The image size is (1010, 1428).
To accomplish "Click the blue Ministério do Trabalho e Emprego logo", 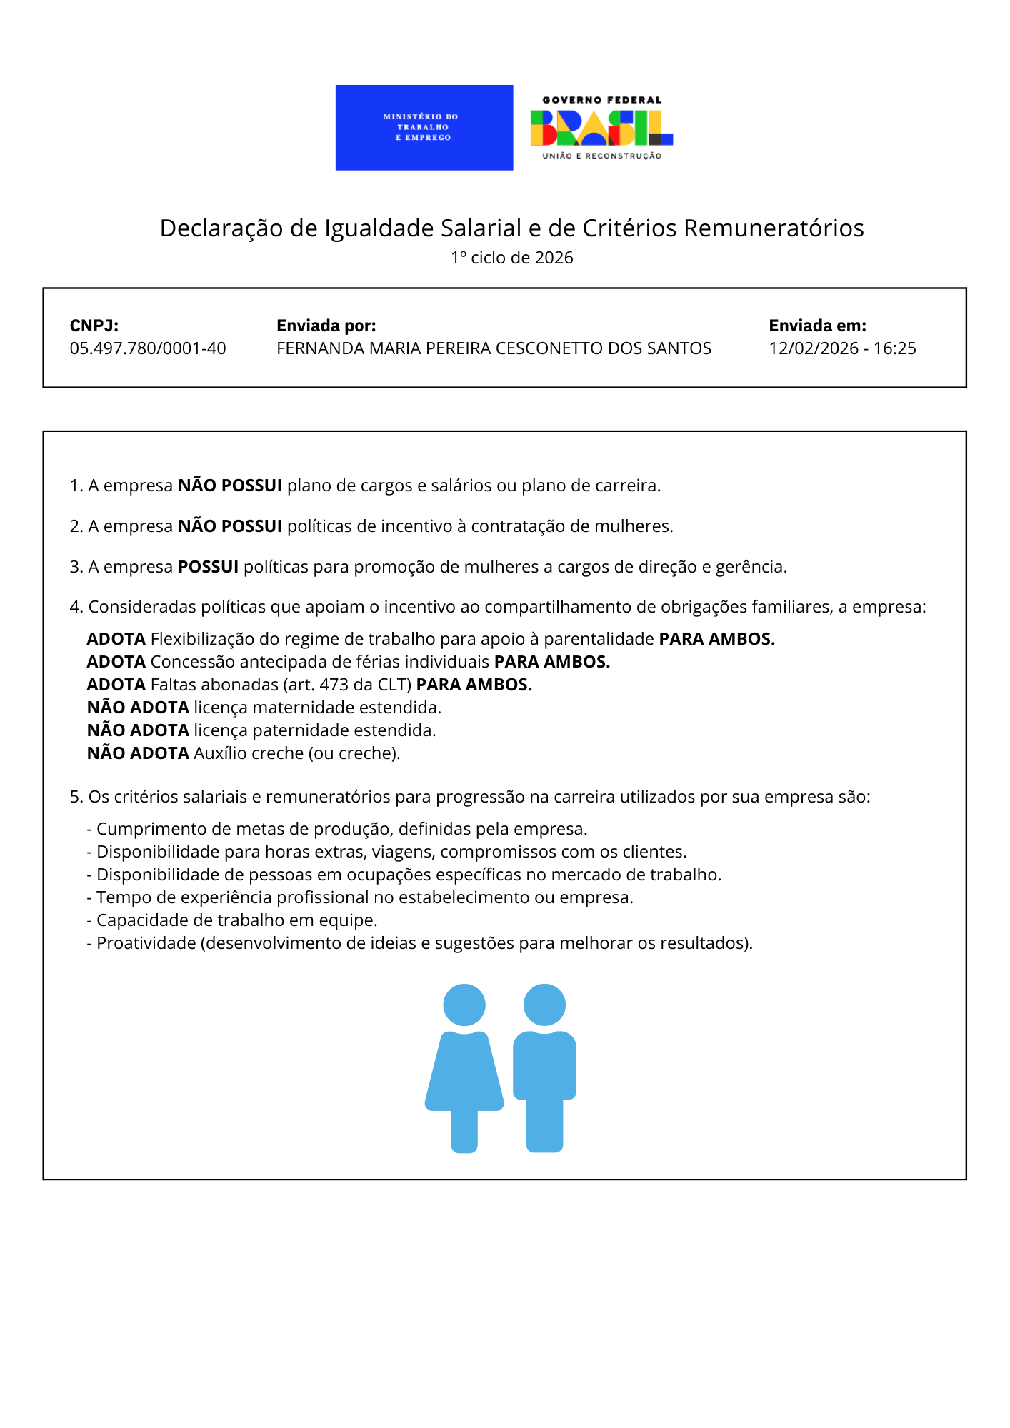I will pos(424,127).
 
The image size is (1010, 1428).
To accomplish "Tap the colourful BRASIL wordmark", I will pos(601,129).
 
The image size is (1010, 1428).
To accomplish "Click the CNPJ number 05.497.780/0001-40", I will pos(148,348).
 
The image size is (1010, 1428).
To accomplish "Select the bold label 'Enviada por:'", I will pos(326,326).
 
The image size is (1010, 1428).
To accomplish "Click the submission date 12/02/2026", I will pos(814,348).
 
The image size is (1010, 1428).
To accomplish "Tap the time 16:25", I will pos(894,348).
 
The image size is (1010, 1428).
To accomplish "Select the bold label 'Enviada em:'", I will pos(817,326).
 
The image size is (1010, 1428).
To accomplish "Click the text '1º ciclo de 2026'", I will pos(511,258).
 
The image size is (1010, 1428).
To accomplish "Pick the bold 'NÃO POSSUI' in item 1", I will pos(230,486).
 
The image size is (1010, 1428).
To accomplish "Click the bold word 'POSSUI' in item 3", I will pos(208,567).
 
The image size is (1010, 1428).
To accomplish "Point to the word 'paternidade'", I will pos(301,730).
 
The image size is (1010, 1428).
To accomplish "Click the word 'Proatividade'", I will pos(146,943).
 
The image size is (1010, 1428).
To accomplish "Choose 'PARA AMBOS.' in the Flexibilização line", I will pos(716,639).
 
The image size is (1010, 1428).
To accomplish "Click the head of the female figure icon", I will pos(464,1005).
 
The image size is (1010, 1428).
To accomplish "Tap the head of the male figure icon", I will pos(544,1005).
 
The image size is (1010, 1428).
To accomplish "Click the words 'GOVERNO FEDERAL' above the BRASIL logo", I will pos(601,100).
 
